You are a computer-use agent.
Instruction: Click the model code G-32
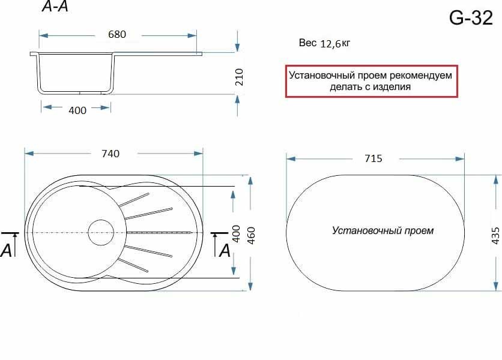pos(471,17)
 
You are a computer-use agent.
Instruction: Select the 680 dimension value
pos(117,34)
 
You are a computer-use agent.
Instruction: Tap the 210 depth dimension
pos(239,77)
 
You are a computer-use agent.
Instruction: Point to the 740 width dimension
pos(110,154)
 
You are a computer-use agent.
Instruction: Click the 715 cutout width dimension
pos(373,158)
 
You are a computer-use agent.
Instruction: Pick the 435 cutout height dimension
pos(495,236)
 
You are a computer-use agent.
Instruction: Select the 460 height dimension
pos(252,236)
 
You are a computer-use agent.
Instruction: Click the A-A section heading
pos(55,7)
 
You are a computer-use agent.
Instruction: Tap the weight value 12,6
pos(330,44)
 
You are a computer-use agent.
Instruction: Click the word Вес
pos(307,43)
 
